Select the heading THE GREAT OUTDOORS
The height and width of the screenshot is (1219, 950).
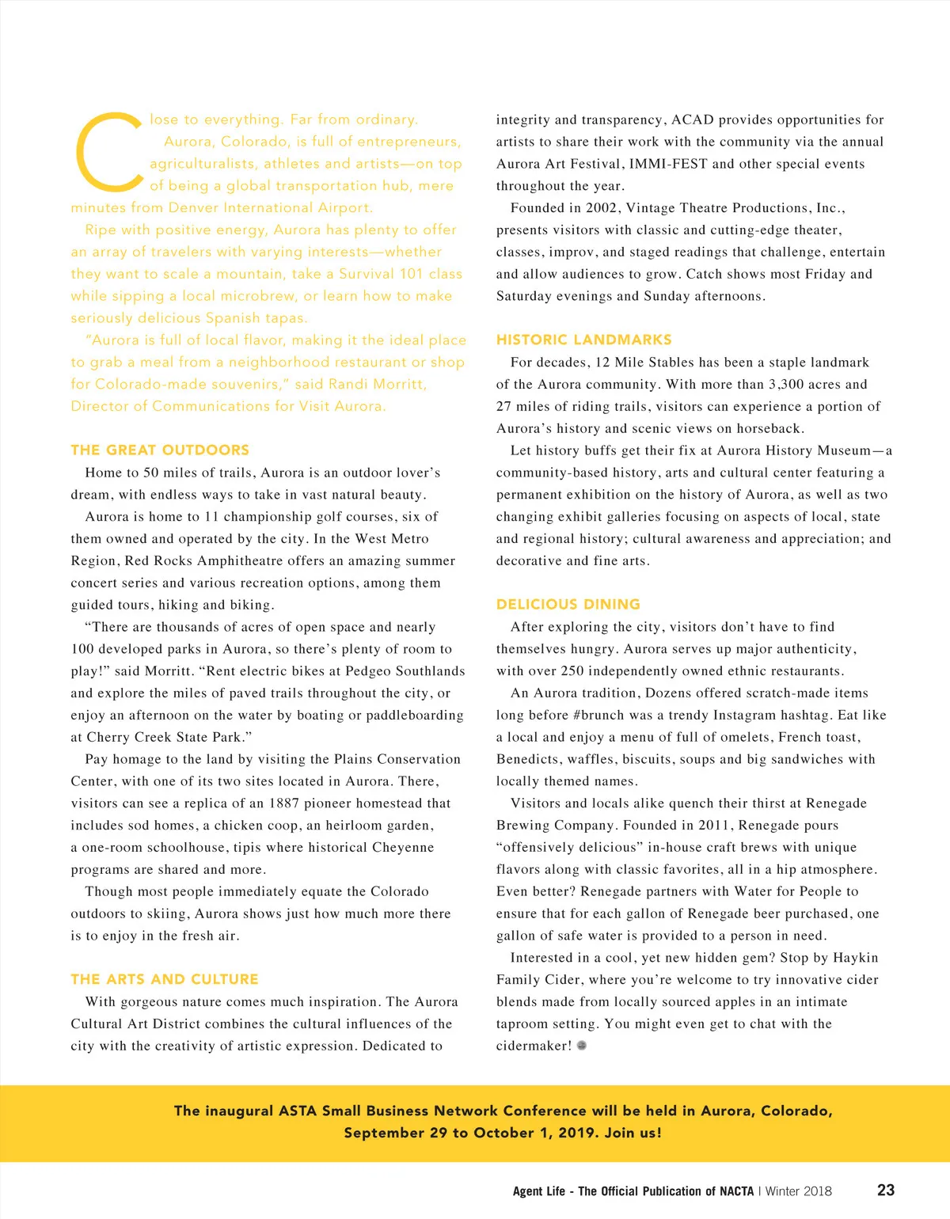tap(160, 450)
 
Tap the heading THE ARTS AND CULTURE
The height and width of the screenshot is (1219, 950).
tap(165, 979)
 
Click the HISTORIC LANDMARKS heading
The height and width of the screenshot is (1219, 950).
tap(583, 340)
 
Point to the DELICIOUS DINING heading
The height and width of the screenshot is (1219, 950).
tap(568, 604)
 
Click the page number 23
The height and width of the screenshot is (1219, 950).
tap(886, 1190)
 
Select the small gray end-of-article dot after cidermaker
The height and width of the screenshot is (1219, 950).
tap(582, 1046)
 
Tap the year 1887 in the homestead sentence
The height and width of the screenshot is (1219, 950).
tap(284, 803)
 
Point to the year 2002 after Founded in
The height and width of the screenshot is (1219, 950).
tap(602, 208)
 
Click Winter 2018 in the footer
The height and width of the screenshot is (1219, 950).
tap(799, 1191)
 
